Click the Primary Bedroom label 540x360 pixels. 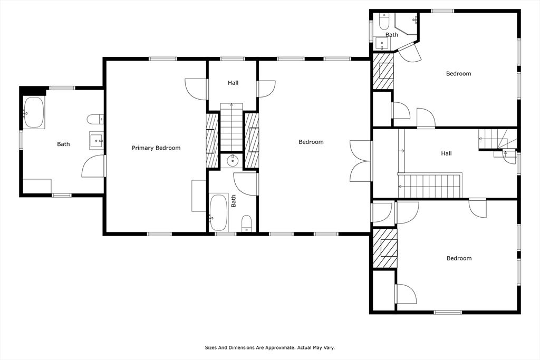(156, 148)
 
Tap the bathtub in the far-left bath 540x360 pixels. (34, 112)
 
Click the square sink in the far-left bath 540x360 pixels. (97, 140)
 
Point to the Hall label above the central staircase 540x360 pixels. (233, 83)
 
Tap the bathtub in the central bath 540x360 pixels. (219, 213)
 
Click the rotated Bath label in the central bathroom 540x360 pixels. (234, 200)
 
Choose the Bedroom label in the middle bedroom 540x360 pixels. (311, 142)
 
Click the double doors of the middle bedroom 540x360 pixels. (361, 161)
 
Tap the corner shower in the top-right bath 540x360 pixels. (408, 24)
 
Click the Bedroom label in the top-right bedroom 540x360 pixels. (458, 74)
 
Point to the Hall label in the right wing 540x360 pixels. (446, 153)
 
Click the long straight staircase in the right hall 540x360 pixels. (429, 186)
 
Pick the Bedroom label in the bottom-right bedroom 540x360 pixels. (459, 258)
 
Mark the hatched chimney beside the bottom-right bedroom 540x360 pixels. (384, 248)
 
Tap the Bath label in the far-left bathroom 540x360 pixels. (63, 144)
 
